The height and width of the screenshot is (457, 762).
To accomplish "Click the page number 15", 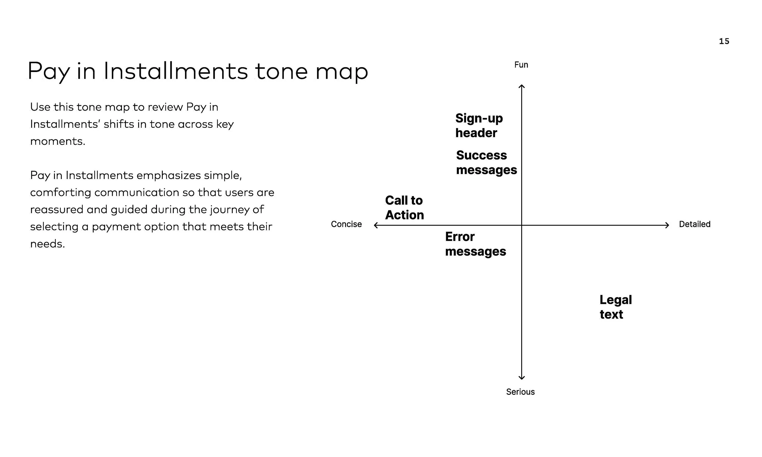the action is click(x=724, y=41).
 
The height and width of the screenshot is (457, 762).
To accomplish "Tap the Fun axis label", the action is click(x=521, y=65).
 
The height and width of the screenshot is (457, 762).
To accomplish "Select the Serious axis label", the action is click(x=520, y=392).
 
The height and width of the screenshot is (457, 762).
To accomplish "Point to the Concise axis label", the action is click(x=346, y=224).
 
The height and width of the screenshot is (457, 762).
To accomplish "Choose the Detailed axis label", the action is click(x=695, y=224).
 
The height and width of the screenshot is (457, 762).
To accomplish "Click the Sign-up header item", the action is click(x=479, y=126).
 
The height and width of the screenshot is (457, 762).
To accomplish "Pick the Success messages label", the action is click(x=486, y=162).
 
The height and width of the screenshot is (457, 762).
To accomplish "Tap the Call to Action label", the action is click(x=404, y=208).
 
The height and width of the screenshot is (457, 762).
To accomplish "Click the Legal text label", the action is click(x=615, y=307).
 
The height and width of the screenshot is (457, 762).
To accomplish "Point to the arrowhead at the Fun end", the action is click(x=521, y=86).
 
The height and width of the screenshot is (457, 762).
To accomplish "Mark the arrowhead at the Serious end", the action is click(x=521, y=378).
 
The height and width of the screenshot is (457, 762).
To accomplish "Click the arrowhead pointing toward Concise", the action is click(x=376, y=225).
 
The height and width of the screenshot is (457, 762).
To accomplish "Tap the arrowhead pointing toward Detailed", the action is click(x=667, y=225).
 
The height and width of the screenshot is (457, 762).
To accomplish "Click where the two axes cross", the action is click(x=521, y=225).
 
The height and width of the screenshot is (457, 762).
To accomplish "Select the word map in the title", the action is click(x=341, y=71).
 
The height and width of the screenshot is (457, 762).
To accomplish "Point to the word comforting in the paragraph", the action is click(x=60, y=193).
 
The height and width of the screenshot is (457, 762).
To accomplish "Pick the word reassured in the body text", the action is click(x=57, y=210).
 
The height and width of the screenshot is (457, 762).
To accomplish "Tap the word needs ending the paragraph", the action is click(x=47, y=244).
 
